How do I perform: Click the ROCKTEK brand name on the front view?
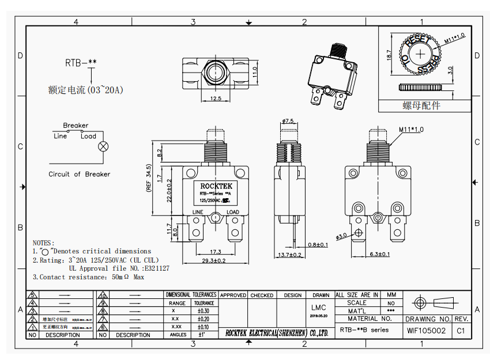(x=216, y=186)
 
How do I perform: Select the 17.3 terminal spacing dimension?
(x=216, y=252)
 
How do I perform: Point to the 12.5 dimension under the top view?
(x=216, y=98)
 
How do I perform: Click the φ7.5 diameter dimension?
(x=288, y=121)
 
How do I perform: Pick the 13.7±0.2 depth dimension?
(x=289, y=255)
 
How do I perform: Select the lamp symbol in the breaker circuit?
(x=104, y=146)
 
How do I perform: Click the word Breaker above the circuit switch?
(x=76, y=126)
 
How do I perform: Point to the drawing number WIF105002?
(x=426, y=331)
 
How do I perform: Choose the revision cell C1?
(x=461, y=331)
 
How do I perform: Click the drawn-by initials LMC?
(x=318, y=308)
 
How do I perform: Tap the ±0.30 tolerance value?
(x=203, y=310)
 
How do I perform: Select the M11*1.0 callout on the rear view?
(x=410, y=130)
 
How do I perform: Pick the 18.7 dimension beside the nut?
(x=389, y=55)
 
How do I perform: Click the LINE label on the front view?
(x=198, y=212)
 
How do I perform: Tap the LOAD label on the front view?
(x=233, y=212)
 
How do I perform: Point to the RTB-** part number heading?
(x=80, y=62)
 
